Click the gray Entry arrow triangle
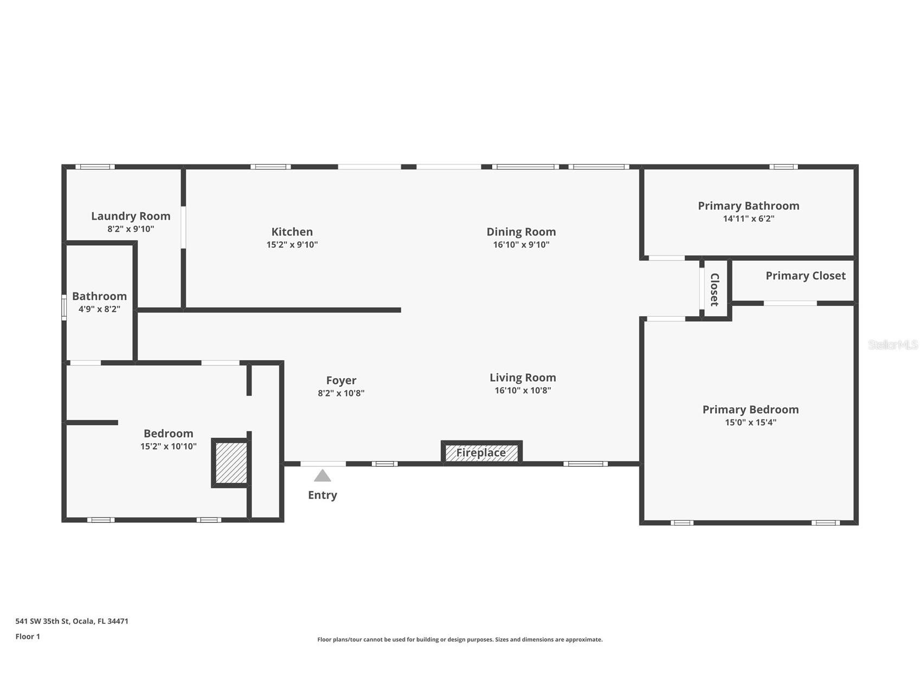tap(323, 476)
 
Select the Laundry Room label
tap(131, 216)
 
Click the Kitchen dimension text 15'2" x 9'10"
tap(292, 245)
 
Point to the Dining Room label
tap(521, 232)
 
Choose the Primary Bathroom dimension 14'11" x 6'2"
tap(748, 219)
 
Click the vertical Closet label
tap(715, 290)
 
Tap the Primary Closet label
tap(805, 276)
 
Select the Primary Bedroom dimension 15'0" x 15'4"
tap(750, 423)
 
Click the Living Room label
tap(523, 378)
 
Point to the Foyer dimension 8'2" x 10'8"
tap(341, 393)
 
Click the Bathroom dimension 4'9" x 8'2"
tap(99, 309)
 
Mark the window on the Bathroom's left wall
tap(64, 307)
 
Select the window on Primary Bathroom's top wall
tap(783, 167)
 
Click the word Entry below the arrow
tap(323, 495)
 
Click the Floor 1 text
tap(28, 636)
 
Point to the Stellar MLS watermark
tap(892, 344)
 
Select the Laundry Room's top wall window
tap(95, 167)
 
